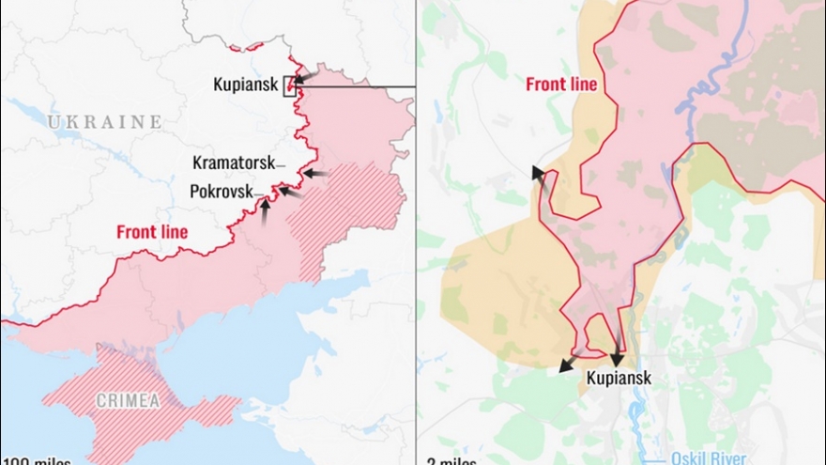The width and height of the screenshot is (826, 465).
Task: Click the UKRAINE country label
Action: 104,122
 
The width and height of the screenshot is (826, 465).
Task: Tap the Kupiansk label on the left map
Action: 245,85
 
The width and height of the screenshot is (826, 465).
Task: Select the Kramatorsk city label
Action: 234,162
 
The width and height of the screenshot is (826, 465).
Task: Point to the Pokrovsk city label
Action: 221,191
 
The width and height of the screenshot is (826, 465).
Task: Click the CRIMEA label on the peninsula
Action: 128,401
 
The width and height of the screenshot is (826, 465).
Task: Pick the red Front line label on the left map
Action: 151,231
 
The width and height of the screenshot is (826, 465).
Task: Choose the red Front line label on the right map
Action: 561,85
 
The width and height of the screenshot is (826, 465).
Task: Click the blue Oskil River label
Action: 709,458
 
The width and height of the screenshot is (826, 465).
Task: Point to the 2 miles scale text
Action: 451,460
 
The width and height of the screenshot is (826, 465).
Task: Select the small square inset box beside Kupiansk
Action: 290,89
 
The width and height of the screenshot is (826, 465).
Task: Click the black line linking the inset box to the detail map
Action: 357,86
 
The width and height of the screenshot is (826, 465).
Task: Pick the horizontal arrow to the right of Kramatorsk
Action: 316,174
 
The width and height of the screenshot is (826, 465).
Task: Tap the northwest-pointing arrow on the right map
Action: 540,178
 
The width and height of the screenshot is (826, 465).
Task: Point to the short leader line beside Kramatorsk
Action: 280,163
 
